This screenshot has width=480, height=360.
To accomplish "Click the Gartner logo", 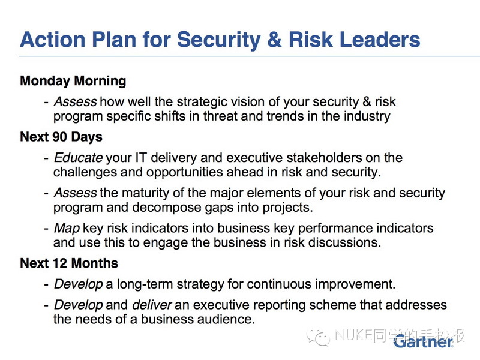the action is click(424, 341).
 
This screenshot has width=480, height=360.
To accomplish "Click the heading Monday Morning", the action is click(73, 82).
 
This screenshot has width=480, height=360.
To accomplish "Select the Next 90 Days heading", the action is click(61, 137).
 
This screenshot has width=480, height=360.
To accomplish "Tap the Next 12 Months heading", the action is click(69, 263).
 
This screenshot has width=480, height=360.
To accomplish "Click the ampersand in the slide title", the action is click(274, 40).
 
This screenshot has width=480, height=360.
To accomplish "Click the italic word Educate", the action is click(78, 158).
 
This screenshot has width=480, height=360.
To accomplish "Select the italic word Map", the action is click(67, 229).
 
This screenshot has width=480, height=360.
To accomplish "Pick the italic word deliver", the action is click(152, 305).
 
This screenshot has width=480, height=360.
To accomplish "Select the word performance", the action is click(335, 229).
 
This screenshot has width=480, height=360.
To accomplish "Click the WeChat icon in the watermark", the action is click(319, 338).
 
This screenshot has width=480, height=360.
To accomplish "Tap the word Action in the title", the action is click(52, 40).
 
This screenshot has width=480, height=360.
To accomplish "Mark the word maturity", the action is click(145, 193).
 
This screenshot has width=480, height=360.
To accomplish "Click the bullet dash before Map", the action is click(46, 229).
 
